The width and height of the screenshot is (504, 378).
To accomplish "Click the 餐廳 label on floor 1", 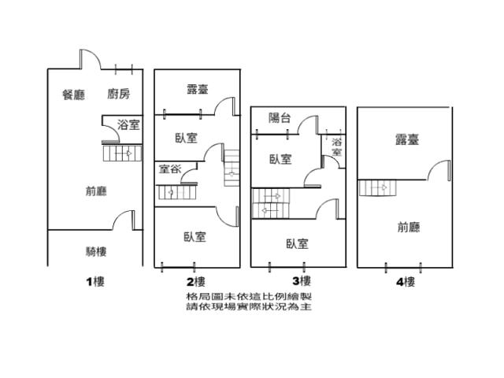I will tap(73, 94).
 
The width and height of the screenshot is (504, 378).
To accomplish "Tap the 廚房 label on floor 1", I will tap(119, 94).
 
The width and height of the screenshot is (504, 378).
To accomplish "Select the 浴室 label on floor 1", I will tap(128, 125).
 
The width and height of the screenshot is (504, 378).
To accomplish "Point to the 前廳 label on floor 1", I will tap(96, 190).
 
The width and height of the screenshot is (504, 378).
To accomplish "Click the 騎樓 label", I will tap(96, 252).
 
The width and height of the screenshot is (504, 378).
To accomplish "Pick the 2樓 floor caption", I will tap(196, 281).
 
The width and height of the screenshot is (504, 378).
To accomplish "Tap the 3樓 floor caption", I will tap(300, 280).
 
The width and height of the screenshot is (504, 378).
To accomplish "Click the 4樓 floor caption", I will tap(406, 280).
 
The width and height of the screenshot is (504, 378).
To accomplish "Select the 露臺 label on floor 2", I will tap(197, 89).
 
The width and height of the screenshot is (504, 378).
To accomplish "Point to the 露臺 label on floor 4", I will tap(406, 139).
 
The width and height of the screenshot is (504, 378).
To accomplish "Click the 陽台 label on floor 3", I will tap(280, 118).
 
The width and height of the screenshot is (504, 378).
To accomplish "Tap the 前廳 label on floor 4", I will tap(408, 228).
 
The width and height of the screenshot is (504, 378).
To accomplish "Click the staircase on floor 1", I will tap(124, 153).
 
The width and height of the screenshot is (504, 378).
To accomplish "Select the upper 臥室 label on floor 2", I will tap(186, 138).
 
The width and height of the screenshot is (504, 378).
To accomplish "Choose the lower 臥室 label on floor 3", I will tap(297, 244).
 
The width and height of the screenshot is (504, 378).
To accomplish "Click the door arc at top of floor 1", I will tap(89, 60).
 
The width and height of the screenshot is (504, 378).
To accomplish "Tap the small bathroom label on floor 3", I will tap(336, 146).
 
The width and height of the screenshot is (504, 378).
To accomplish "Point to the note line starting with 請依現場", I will tap(248, 306).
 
